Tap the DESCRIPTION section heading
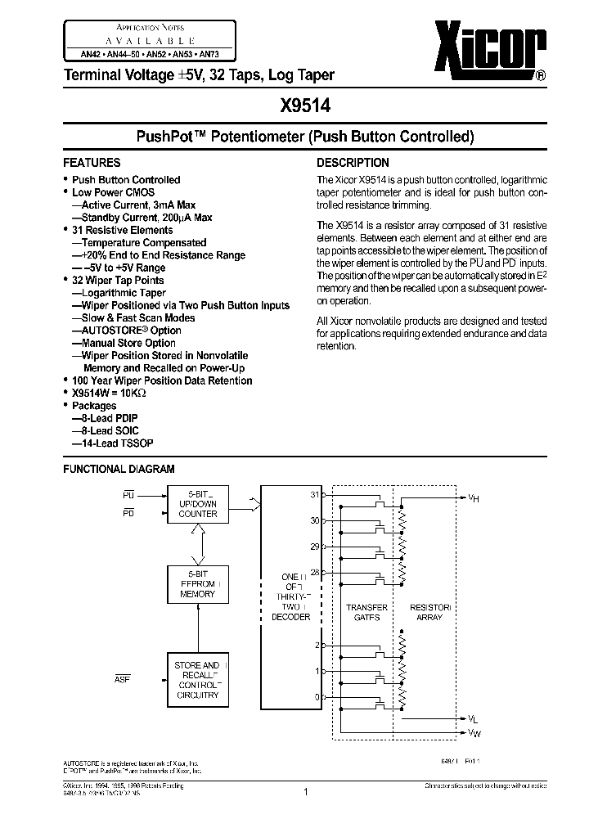point(353,163)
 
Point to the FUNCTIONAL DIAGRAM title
point(119,469)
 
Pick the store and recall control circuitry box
point(198,680)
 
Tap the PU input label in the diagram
point(128,495)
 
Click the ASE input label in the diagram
point(123,679)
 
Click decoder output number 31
point(314,494)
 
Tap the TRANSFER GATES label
point(361,612)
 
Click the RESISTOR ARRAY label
point(429,612)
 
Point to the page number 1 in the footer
point(304,791)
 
